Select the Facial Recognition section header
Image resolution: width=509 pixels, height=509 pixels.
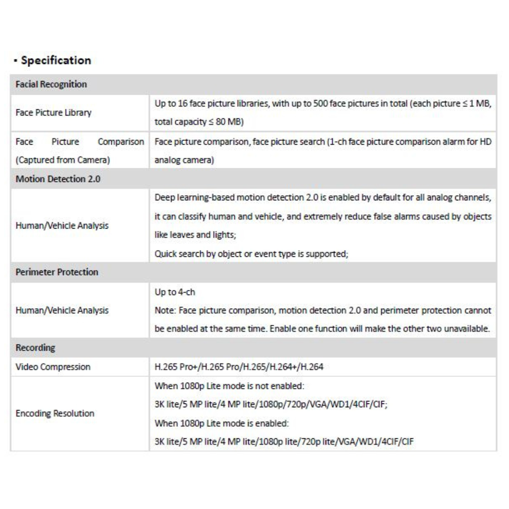coord(51,84)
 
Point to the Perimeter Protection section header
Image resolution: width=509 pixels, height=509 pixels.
coord(57,272)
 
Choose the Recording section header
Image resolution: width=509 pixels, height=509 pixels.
coord(35,348)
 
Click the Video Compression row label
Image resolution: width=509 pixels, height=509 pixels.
coord(53,367)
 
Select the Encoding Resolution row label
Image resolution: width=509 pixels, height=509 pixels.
coord(55,413)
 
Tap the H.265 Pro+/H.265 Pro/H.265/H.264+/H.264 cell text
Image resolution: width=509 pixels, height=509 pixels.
coord(239,367)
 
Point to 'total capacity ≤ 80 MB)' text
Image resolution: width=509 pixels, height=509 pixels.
coord(198,121)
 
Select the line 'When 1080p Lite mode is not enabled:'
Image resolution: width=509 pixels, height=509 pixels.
coord(229,386)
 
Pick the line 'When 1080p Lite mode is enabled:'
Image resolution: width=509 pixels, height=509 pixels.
coord(222,423)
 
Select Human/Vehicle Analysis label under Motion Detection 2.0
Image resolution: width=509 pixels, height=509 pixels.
coord(62,226)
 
